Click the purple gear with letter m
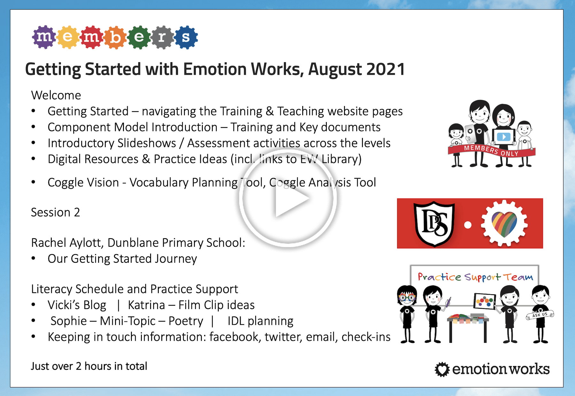44,37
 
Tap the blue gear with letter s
186,37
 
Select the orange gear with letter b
115,37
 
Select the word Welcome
56,95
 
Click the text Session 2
55,212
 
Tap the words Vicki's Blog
77,305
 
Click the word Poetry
186,321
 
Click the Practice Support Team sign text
475,277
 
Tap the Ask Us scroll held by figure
540,315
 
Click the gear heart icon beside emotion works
442,369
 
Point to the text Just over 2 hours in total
89,366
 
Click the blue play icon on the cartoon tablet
503,137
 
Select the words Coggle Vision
83,182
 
